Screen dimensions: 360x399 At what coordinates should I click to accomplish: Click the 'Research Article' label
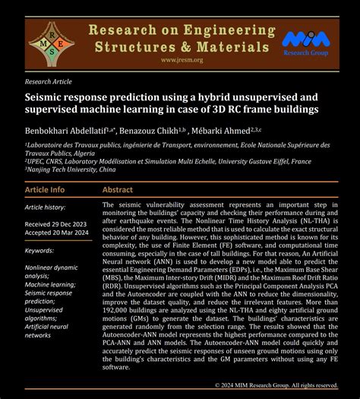click(x=47, y=81)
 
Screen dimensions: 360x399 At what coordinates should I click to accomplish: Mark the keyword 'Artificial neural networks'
click(x=49, y=330)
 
